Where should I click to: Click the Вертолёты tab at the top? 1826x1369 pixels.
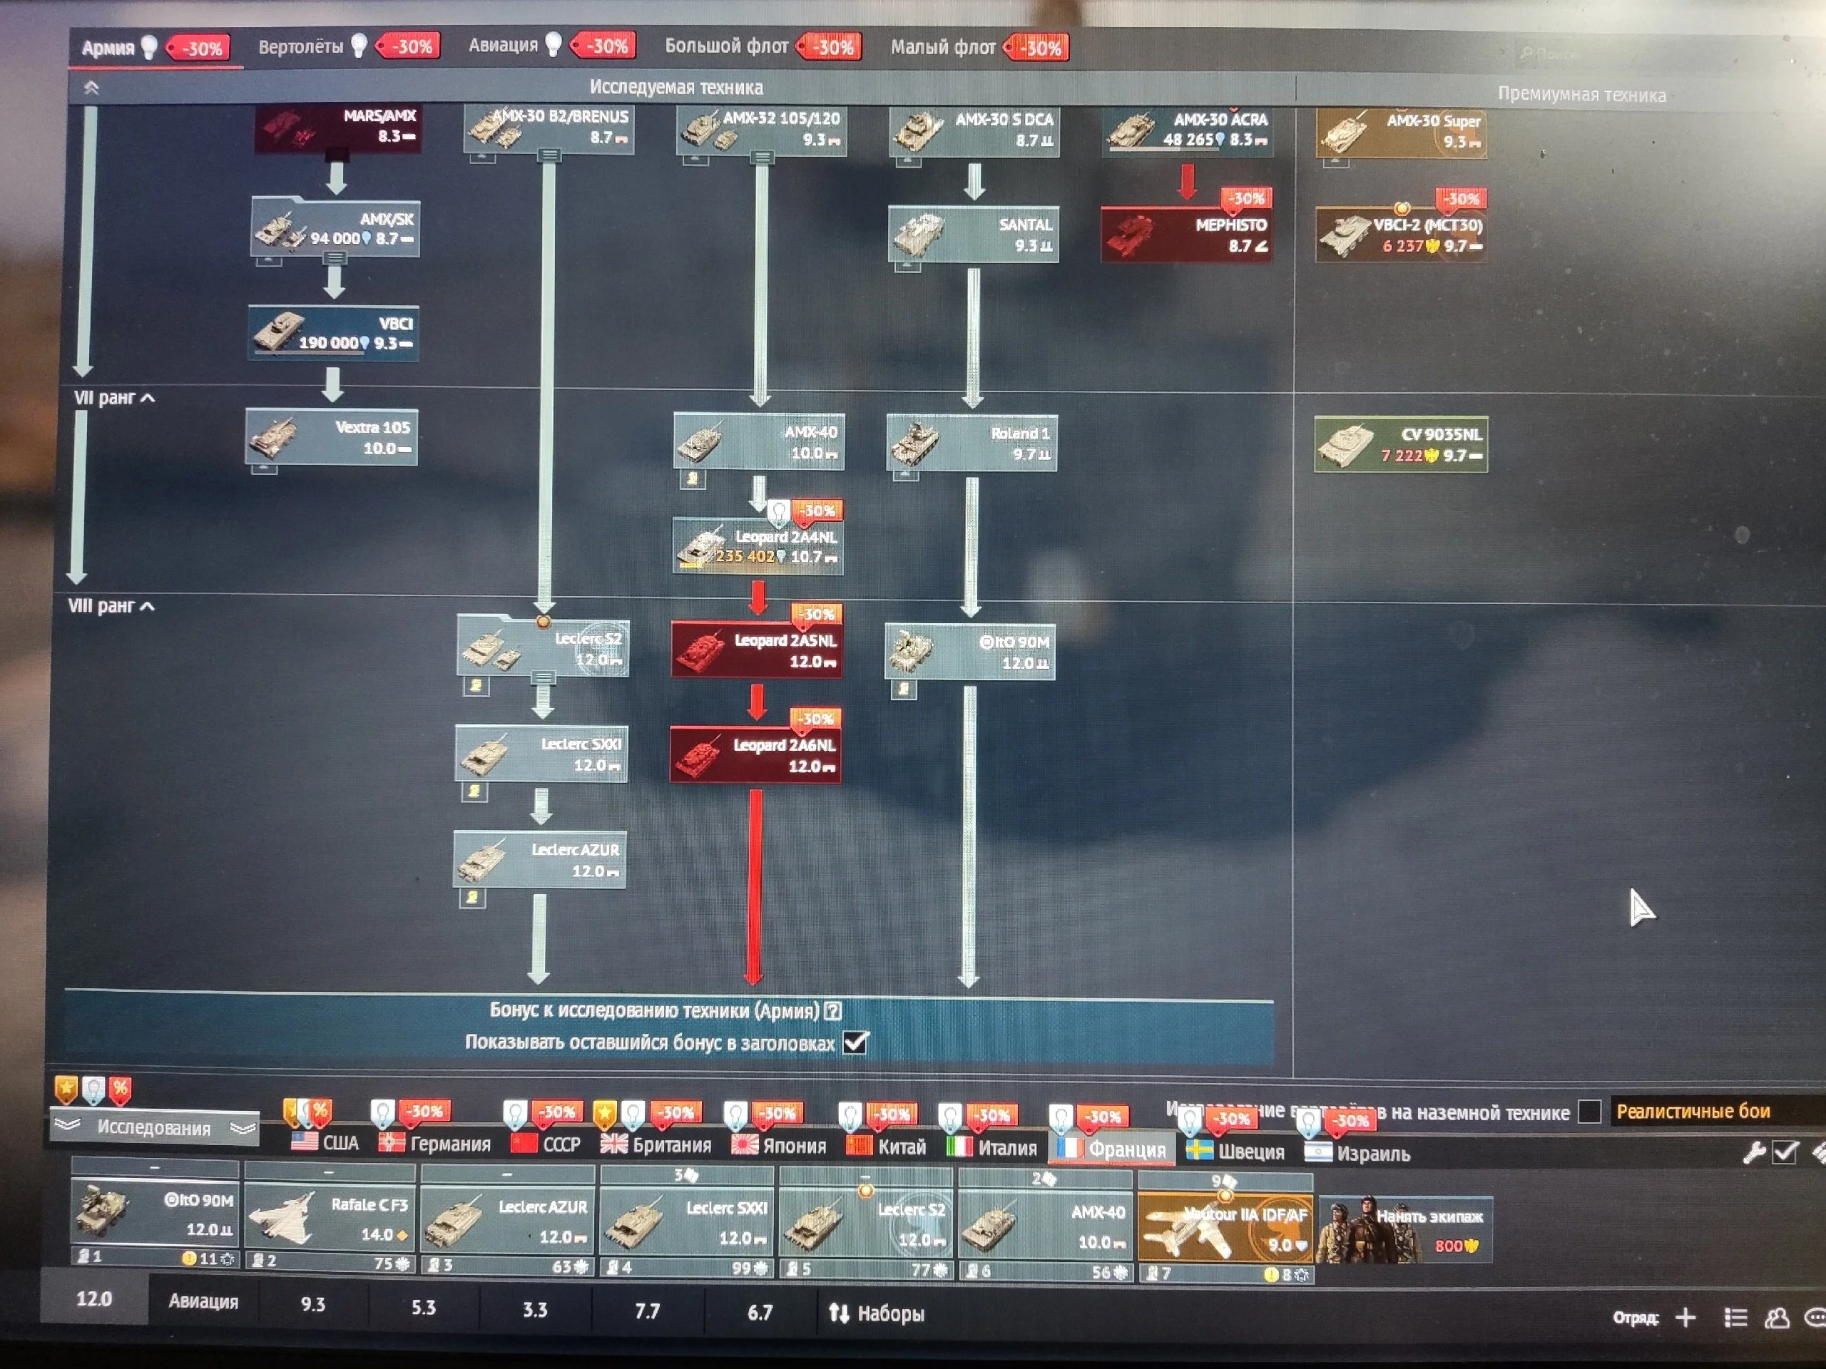click(x=300, y=46)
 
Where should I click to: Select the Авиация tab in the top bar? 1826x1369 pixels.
click(x=503, y=46)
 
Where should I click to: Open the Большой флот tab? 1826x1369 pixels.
click(x=726, y=46)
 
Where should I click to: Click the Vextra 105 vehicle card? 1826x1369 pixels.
click(x=332, y=437)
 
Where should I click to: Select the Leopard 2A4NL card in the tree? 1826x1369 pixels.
click(x=758, y=546)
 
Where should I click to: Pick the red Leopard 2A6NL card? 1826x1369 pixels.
click(x=756, y=755)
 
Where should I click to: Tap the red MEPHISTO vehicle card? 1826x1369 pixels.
click(x=1186, y=235)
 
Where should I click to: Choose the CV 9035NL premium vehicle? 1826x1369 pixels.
click(x=1401, y=444)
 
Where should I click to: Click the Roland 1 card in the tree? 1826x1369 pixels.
click(x=971, y=443)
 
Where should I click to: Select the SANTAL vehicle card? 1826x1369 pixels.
click(x=973, y=235)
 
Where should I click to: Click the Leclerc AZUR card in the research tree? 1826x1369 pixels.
click(x=540, y=860)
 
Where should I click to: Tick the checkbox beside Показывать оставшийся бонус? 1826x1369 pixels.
click(x=856, y=1043)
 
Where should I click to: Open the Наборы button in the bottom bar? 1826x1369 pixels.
click(x=877, y=1313)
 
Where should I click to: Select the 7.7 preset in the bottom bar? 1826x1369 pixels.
click(x=647, y=1311)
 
